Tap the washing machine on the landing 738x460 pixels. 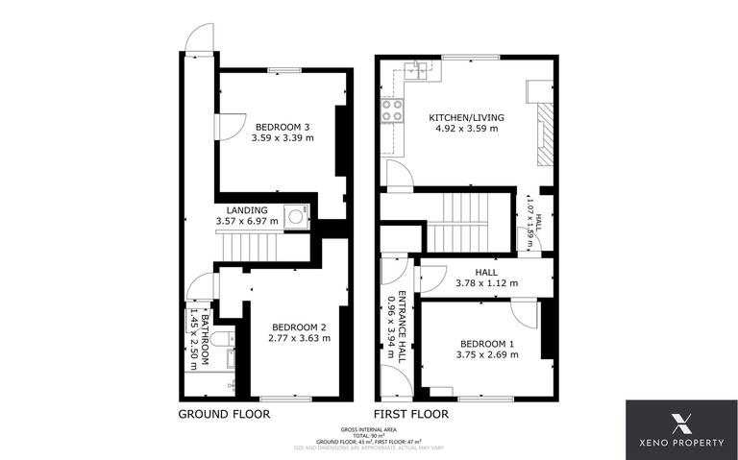pos(297,216)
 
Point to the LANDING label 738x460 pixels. pos(247,209)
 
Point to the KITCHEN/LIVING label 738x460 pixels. pos(466,118)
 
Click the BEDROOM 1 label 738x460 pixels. pos(487,343)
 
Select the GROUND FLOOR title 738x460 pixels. pos(224,414)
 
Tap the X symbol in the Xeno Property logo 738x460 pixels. pos(682,422)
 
